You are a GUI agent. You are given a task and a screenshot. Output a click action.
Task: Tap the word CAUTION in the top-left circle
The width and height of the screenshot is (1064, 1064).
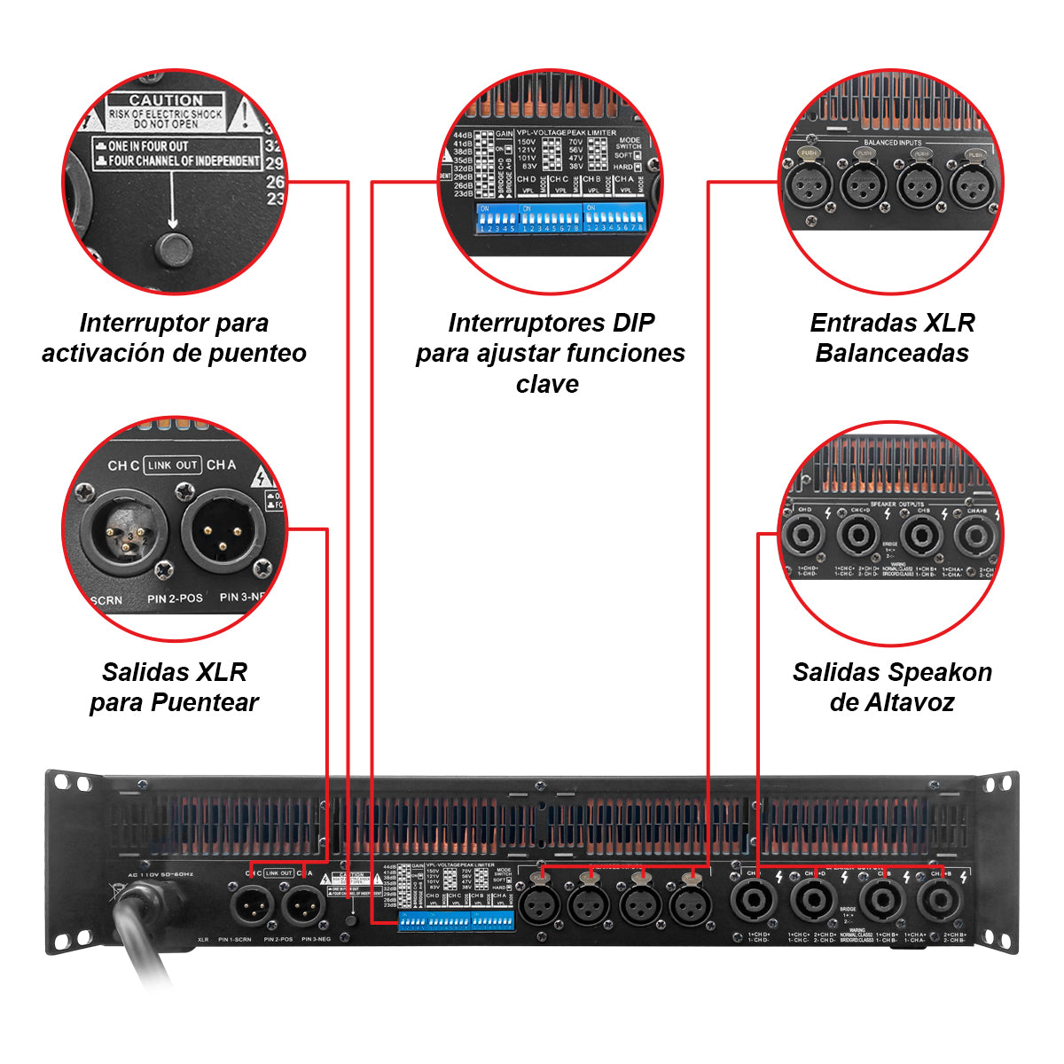tap(166, 100)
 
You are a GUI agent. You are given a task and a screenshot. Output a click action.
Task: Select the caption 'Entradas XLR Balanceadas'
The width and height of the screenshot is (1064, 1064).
tap(892, 338)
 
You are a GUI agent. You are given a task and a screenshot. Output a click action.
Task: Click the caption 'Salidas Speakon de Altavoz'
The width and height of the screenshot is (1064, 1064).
tap(892, 687)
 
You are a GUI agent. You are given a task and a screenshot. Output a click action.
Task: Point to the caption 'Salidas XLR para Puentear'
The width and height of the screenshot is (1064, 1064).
tap(174, 687)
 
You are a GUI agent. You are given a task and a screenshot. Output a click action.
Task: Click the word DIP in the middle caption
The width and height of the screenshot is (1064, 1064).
tap(633, 323)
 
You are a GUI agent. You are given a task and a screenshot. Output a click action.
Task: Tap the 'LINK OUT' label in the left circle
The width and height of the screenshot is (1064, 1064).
tap(173, 465)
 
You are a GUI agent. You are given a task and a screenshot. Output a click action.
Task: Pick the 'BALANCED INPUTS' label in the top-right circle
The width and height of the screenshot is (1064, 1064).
tap(892, 142)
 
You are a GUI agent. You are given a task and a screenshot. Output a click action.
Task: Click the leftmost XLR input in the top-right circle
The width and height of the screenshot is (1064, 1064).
tap(807, 185)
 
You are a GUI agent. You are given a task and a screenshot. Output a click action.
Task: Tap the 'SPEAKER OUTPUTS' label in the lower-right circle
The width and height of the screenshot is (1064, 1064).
tap(896, 504)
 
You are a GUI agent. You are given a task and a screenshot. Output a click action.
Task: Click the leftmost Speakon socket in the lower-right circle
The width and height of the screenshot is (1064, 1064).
tap(804, 536)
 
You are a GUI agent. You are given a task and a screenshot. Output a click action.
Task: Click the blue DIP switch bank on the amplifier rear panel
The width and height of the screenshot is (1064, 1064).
tap(456, 922)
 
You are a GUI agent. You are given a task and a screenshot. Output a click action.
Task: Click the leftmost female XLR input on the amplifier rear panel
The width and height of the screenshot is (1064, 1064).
tap(539, 905)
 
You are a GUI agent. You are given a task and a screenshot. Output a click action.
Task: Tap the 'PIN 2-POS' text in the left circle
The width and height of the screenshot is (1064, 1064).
tap(175, 598)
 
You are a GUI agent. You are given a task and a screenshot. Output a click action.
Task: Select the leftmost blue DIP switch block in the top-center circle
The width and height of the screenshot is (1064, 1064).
tap(496, 218)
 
